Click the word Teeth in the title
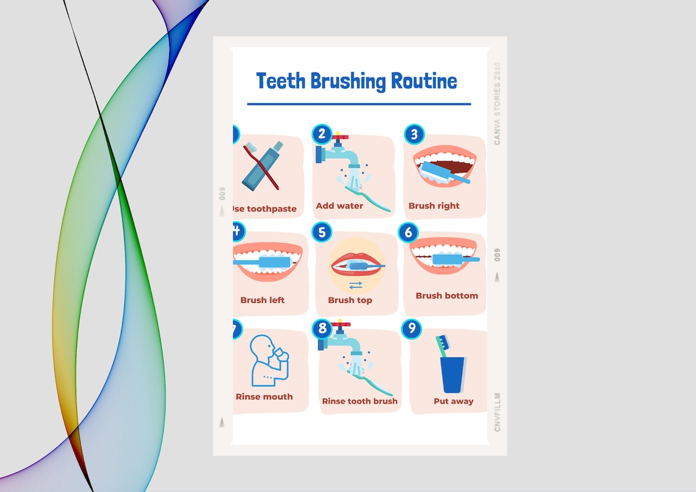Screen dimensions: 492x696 281,81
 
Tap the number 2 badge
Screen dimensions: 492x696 322,134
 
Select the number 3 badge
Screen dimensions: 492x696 414,134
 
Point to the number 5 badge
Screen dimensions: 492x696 322,232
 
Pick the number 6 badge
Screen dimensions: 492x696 408,233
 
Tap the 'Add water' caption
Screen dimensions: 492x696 339,206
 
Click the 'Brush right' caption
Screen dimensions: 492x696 434,206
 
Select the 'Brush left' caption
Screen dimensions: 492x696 263,300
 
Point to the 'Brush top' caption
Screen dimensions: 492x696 350,300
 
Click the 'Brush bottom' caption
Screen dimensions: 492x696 447,295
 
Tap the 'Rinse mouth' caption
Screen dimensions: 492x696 264,397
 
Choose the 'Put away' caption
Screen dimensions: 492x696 454,401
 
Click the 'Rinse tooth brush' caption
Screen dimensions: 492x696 360,401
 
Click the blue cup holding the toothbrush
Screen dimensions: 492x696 452,375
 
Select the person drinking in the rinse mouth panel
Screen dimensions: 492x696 268,360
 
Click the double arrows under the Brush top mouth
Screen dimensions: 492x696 356,284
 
